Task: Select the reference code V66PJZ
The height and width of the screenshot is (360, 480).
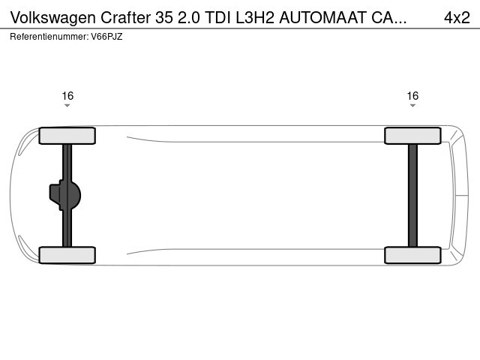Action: coord(106,36)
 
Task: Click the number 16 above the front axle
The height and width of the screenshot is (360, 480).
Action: coord(67,95)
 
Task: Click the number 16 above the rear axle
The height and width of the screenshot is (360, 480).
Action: coord(412,95)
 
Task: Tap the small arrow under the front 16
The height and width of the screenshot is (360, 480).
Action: coord(67,106)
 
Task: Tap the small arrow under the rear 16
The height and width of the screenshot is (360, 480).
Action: coord(412,106)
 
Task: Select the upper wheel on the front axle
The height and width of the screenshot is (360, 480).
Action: coord(67,136)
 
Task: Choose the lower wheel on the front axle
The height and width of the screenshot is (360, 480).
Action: coord(67,255)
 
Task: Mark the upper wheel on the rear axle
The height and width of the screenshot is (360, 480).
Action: coord(412,136)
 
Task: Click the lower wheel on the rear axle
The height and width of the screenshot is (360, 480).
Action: coord(412,255)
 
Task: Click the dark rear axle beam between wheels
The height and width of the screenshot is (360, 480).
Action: coord(412,195)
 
